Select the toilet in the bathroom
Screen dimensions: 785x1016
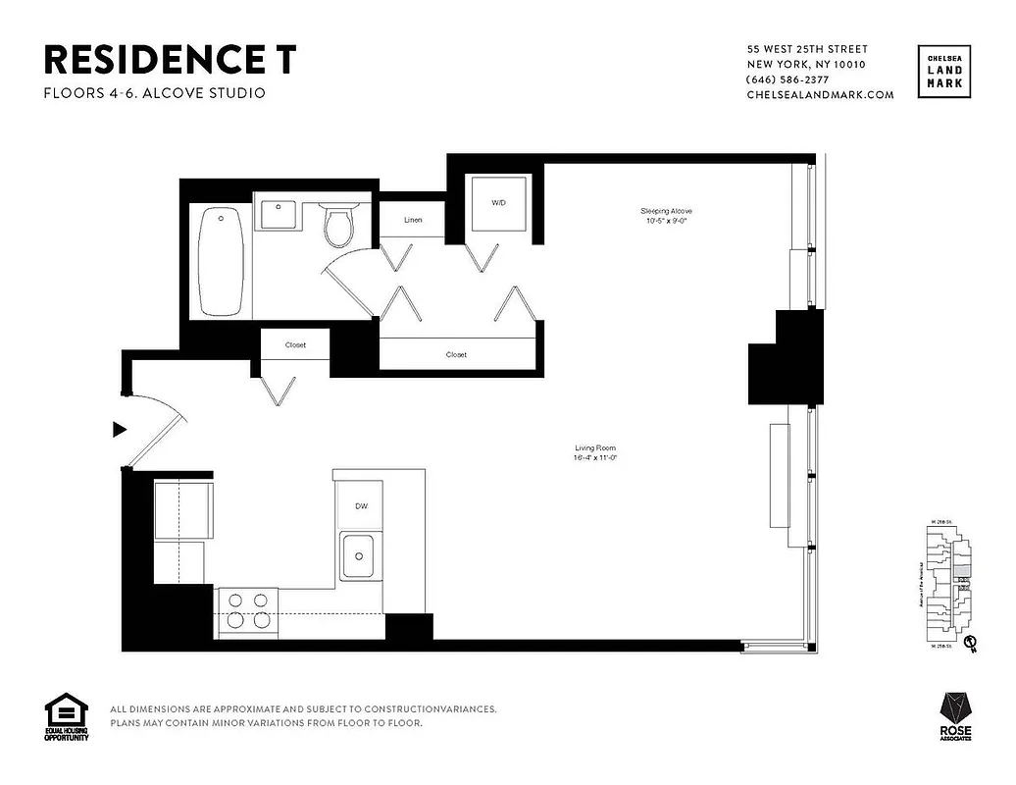338,225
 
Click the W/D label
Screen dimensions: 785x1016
498,203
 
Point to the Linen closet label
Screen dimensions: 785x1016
413,220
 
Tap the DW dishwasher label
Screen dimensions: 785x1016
361,506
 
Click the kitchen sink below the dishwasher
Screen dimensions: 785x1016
360,556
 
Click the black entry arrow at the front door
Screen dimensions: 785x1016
120,429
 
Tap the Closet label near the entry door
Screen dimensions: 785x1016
295,345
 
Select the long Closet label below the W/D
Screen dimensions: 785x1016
456,354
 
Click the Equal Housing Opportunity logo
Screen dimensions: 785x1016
66,717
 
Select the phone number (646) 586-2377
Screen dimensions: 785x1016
787,79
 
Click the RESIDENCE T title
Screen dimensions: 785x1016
169,60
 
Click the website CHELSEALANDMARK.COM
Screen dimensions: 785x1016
820,95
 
